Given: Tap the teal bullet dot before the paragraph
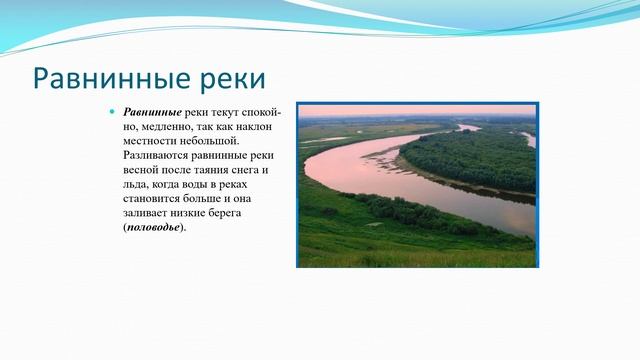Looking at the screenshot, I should coord(113,113).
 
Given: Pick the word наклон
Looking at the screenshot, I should coord(264,128).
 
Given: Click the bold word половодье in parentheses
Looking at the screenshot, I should coord(153,227).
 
